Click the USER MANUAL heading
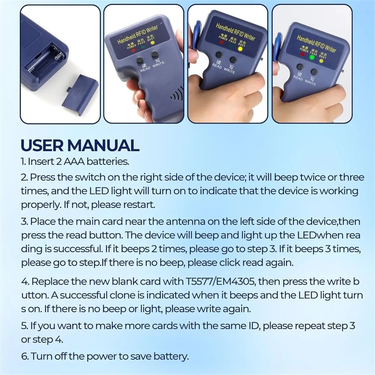(80, 145)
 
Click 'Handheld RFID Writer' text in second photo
(137, 35)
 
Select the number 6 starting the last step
(24, 356)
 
